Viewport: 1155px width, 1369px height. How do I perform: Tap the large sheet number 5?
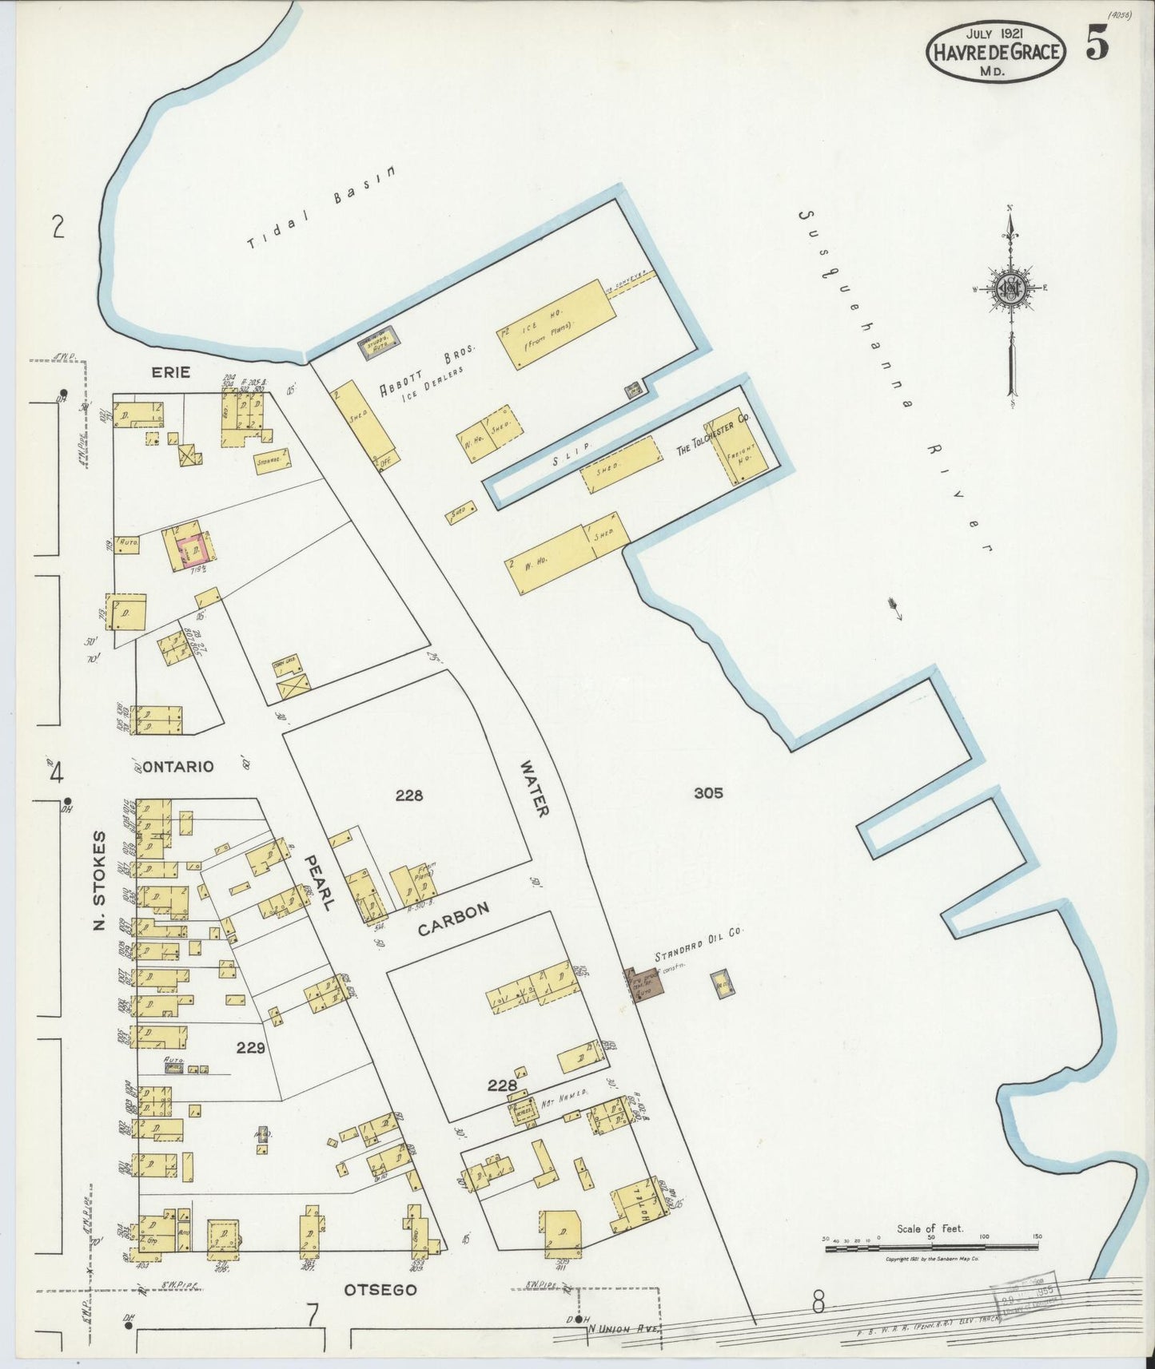pyautogui.click(x=1097, y=46)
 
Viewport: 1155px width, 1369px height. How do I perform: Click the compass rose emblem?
pyautogui.click(x=1011, y=289)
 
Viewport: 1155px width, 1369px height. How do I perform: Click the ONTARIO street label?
pyautogui.click(x=179, y=766)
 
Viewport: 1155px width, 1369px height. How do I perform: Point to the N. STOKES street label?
pyautogui.click(x=100, y=880)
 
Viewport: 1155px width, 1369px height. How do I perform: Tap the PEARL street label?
pyautogui.click(x=317, y=883)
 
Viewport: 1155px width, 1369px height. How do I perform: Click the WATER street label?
pyautogui.click(x=533, y=788)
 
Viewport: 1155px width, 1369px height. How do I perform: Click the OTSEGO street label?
pyautogui.click(x=380, y=1289)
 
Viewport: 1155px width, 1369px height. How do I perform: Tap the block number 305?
pyautogui.click(x=708, y=792)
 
